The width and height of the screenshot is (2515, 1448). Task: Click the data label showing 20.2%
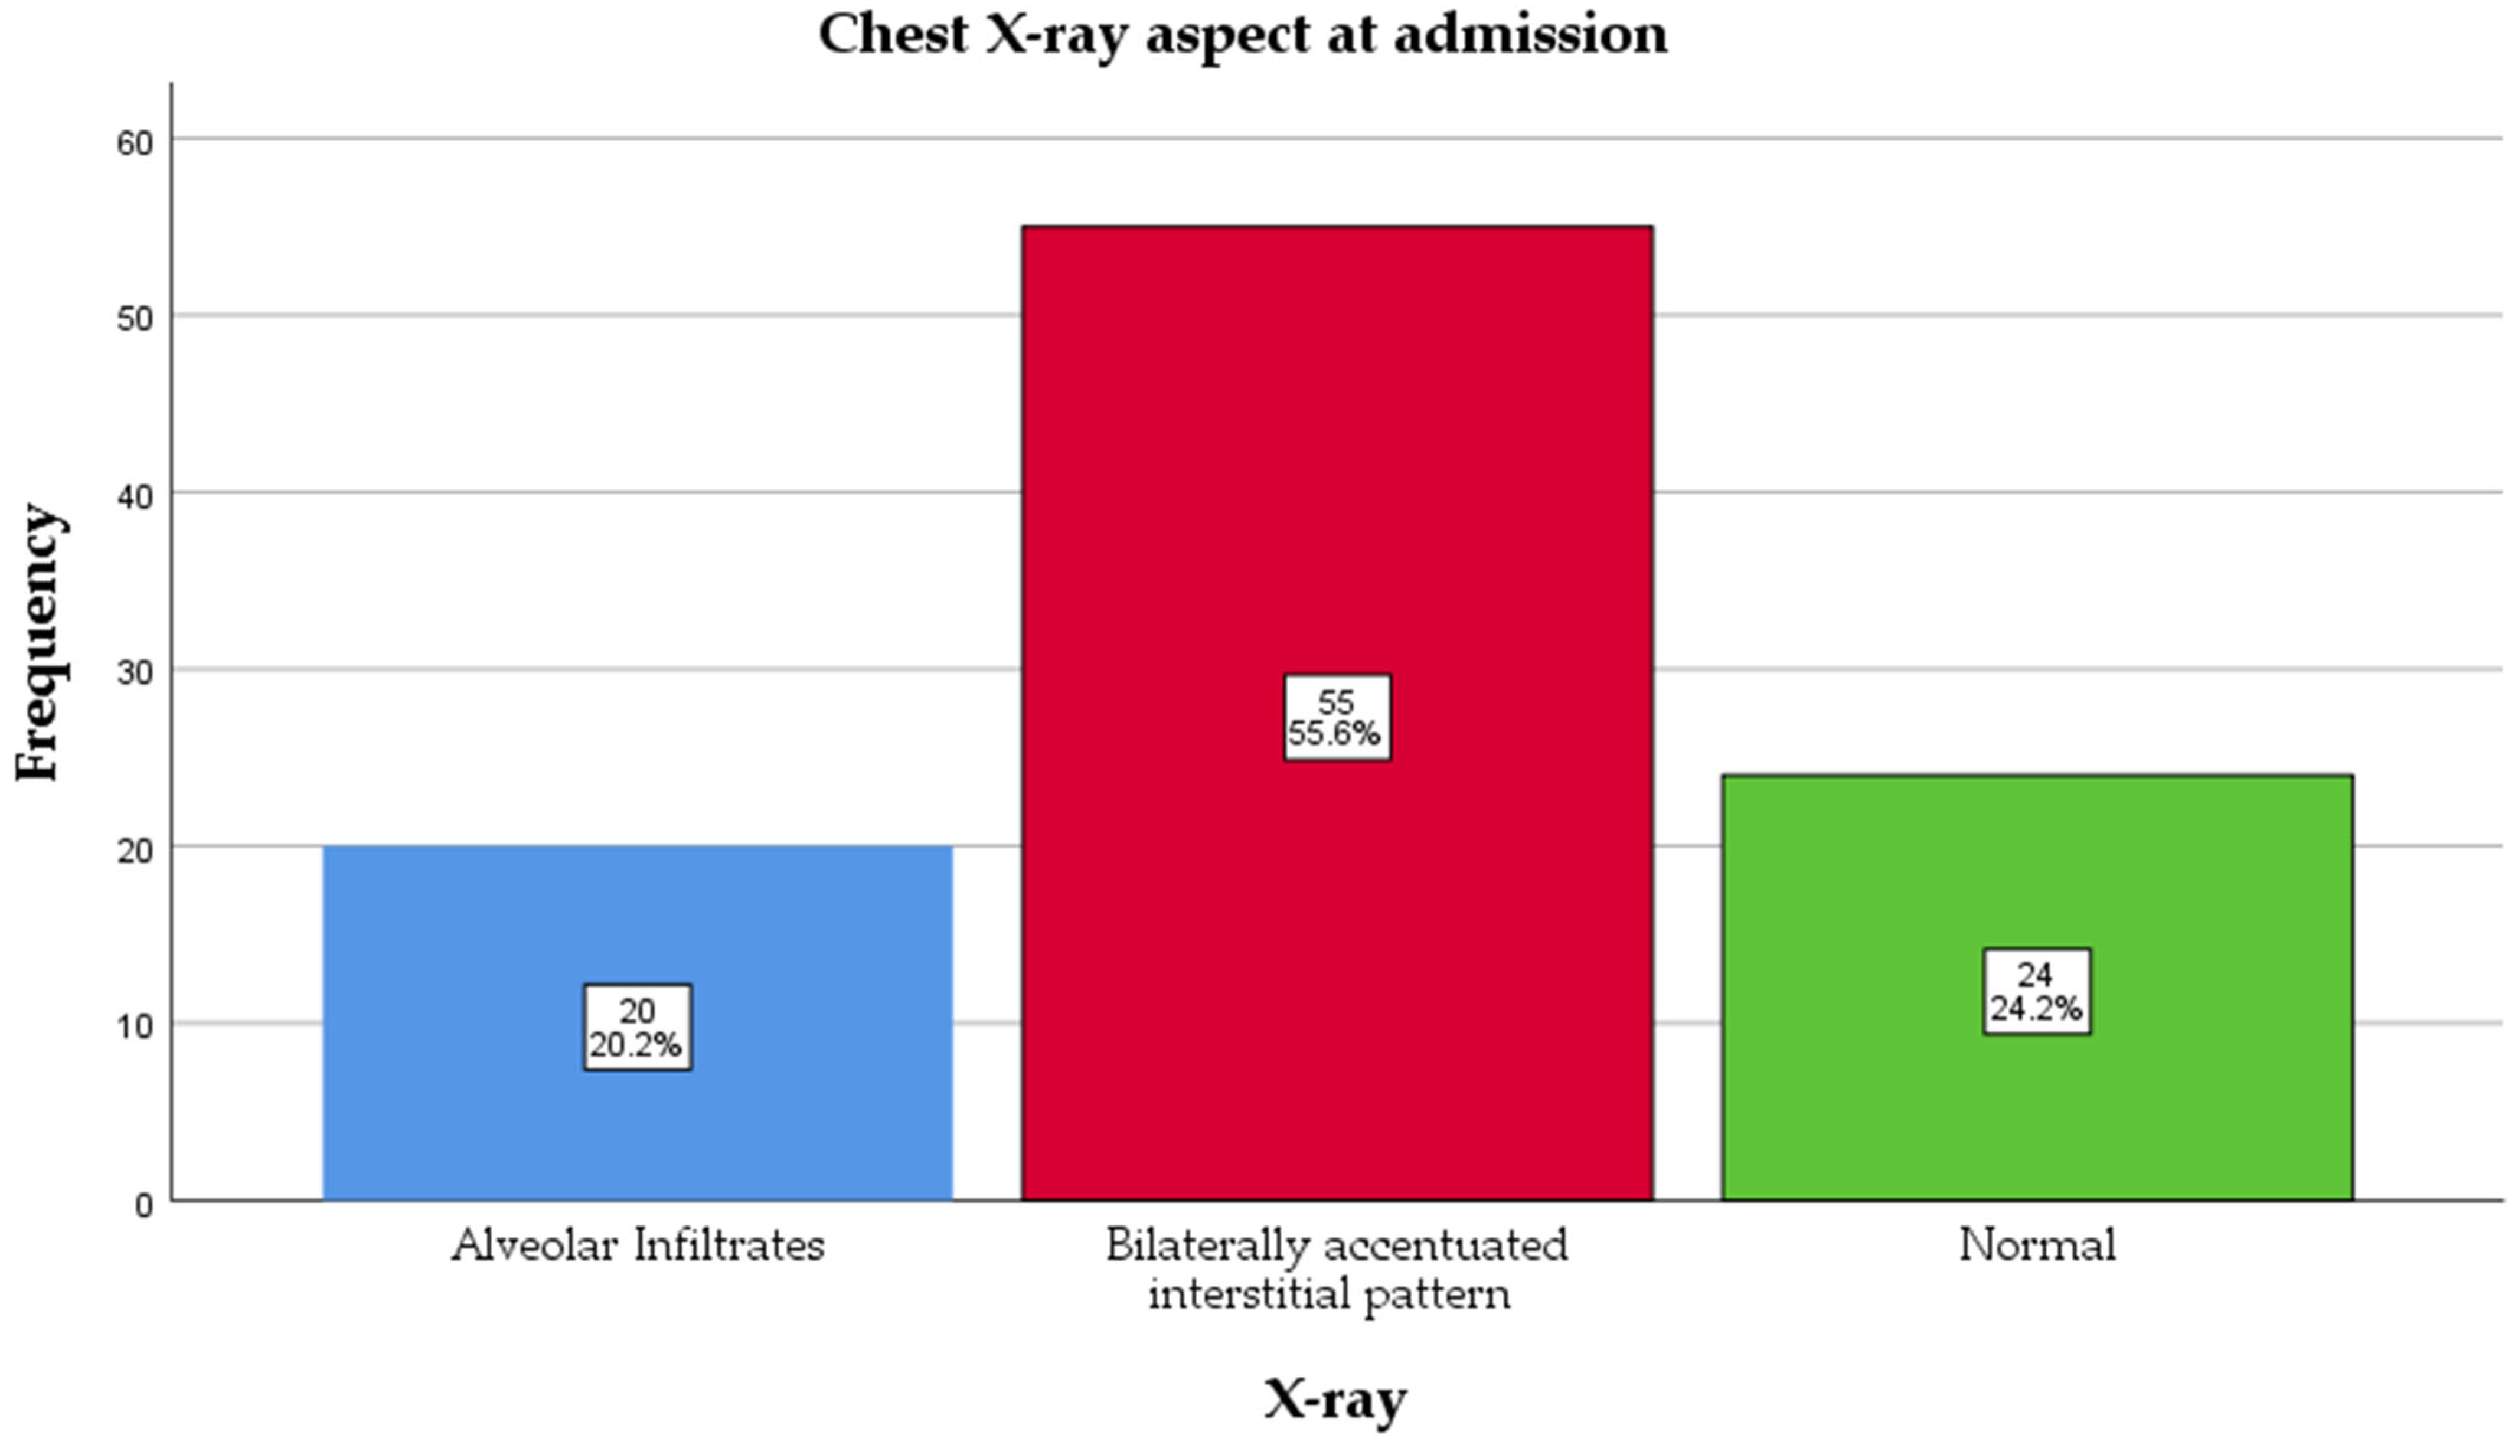638,1027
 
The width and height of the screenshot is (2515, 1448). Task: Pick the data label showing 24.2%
2037,992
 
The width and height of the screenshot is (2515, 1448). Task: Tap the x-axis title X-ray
1335,1399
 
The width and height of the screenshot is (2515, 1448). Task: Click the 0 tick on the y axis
144,1205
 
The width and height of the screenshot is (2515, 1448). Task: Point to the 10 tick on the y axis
137,1027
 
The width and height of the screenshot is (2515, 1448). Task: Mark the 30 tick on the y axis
137,674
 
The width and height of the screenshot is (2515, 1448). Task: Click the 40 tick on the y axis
137,496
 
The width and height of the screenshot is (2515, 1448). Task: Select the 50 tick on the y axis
137,319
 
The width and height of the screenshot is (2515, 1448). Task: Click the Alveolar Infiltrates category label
638,1245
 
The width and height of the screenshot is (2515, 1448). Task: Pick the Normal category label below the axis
2037,1245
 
